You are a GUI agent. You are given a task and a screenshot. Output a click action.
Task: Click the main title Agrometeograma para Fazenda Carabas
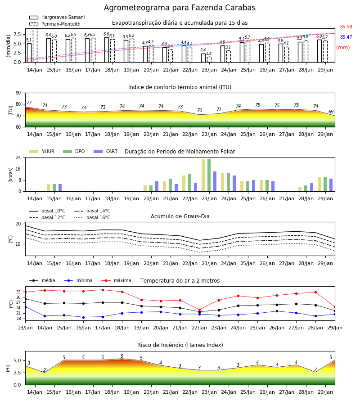(x=180, y=8)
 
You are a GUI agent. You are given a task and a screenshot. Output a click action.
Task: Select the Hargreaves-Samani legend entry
(x=57, y=17)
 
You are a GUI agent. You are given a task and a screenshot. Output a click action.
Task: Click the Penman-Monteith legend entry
(x=55, y=24)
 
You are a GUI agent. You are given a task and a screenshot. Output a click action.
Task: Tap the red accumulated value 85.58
(x=346, y=27)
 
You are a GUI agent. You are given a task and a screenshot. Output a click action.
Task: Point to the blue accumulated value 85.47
(x=346, y=37)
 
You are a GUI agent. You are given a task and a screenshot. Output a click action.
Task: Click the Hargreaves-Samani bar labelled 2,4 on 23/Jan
(x=203, y=58)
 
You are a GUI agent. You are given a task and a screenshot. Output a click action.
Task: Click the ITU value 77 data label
(x=29, y=103)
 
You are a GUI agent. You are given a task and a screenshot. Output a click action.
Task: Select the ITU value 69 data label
(x=331, y=112)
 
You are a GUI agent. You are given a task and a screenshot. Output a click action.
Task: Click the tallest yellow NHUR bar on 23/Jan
(x=203, y=175)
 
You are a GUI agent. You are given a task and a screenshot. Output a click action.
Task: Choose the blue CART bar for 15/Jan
(x=60, y=188)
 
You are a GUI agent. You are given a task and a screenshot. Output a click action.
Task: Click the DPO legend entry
(x=74, y=151)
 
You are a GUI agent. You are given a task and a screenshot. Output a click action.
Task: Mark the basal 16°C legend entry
(x=92, y=218)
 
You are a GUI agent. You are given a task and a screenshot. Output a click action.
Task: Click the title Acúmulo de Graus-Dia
(x=180, y=216)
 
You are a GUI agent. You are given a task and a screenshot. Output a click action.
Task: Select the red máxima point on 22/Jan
(x=199, y=310)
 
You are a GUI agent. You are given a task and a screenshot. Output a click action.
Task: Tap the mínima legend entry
(x=78, y=280)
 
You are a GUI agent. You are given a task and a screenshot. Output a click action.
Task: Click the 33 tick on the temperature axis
(x=18, y=292)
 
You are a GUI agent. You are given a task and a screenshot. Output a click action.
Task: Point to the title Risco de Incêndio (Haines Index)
(x=180, y=345)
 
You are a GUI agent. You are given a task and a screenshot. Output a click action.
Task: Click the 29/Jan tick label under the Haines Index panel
(x=325, y=392)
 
